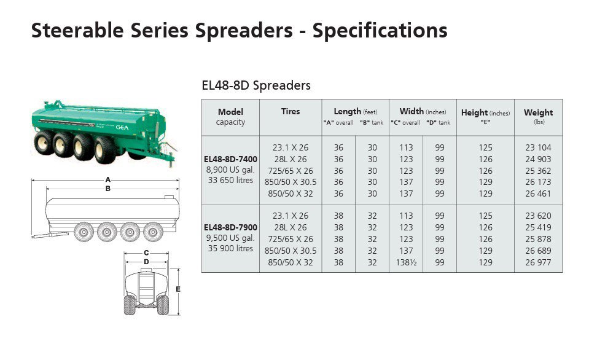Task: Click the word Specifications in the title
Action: pos(380,31)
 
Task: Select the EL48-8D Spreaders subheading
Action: pos(256,85)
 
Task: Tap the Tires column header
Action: pos(291,111)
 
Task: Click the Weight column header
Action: pos(539,112)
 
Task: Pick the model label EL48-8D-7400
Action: pos(230,159)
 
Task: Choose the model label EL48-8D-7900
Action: pos(230,227)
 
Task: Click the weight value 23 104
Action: pos(539,147)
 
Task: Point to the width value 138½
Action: pos(406,262)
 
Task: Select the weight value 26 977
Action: pos(539,262)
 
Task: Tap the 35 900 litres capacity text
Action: pos(230,248)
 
